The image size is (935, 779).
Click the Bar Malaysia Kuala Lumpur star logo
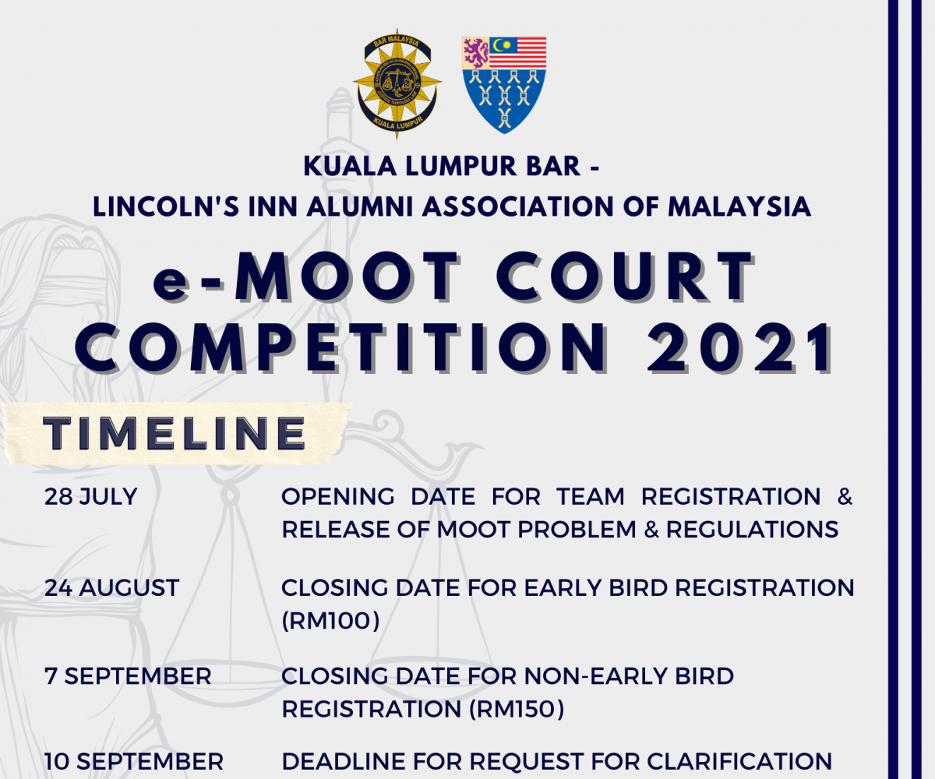click(x=397, y=84)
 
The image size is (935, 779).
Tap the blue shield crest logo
click(x=504, y=85)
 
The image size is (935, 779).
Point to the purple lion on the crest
click(x=475, y=53)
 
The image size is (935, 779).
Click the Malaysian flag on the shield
click(x=518, y=53)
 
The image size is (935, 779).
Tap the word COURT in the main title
click(x=625, y=275)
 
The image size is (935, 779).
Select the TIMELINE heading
click(x=175, y=432)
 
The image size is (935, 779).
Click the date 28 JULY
click(x=91, y=497)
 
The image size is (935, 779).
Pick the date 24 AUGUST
click(x=112, y=588)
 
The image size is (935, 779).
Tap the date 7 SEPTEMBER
click(x=128, y=676)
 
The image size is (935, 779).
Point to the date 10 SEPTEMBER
click(x=134, y=762)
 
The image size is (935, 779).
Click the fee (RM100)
click(x=331, y=621)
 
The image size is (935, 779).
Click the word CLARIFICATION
click(x=739, y=762)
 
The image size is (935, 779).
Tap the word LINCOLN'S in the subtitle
click(x=166, y=207)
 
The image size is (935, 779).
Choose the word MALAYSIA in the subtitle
click(x=739, y=207)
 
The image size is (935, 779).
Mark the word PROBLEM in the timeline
click(x=577, y=530)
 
